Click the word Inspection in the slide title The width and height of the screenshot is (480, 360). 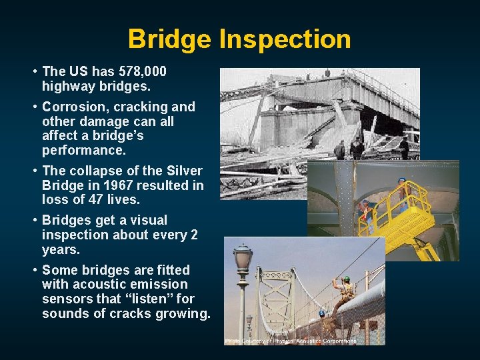[x=285, y=39]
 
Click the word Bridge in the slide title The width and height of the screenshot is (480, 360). [x=172, y=39]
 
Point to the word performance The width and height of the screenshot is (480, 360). [x=83, y=150]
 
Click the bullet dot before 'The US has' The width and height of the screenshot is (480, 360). [x=33, y=71]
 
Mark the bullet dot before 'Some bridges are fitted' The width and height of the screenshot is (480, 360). [x=33, y=271]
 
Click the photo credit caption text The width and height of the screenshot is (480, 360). [x=291, y=341]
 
